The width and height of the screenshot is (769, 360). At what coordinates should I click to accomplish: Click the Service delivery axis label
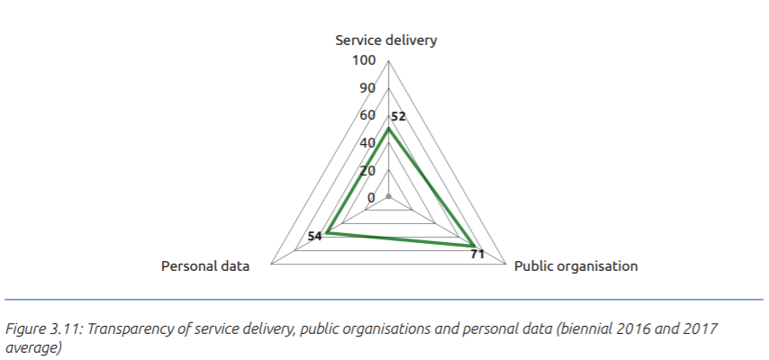point(386,40)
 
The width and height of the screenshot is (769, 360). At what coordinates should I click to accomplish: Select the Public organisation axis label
point(575,266)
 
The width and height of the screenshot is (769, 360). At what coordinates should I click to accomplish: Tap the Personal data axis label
point(204,266)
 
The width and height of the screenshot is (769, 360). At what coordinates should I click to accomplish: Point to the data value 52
point(399,117)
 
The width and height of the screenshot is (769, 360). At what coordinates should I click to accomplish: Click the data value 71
point(477,255)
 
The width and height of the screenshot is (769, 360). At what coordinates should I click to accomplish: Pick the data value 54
point(315,237)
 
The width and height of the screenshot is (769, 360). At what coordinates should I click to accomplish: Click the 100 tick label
point(364,60)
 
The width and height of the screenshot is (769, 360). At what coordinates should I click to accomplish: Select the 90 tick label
point(367,87)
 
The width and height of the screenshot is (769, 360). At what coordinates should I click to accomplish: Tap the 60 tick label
point(367,115)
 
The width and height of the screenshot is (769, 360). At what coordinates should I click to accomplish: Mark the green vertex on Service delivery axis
point(388,129)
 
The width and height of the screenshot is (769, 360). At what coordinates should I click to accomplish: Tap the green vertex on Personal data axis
point(327,233)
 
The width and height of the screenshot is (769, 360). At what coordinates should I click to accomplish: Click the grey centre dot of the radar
point(388,197)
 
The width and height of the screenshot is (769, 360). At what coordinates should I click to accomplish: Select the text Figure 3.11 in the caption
point(38,328)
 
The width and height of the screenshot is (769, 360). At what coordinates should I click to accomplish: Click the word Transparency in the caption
point(120,328)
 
